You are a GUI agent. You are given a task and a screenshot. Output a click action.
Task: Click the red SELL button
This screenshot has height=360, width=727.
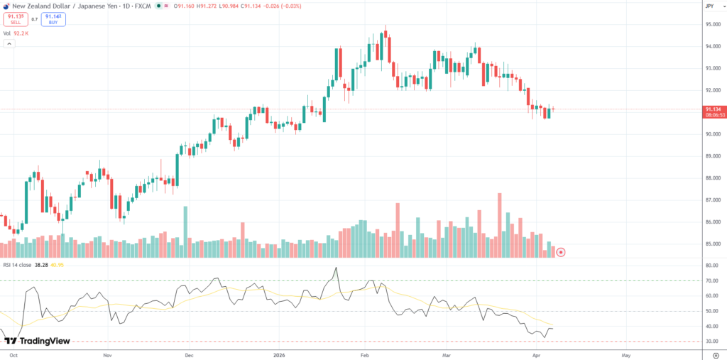[x=15, y=19]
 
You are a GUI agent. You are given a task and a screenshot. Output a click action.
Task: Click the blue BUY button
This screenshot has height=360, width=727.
[x=53, y=19]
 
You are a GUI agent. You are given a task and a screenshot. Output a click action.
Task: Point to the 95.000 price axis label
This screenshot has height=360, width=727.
[x=714, y=25]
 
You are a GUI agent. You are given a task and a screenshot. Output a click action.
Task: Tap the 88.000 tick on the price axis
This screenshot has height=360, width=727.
[x=714, y=178]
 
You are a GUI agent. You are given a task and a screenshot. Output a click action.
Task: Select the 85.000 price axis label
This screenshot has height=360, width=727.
[x=714, y=244]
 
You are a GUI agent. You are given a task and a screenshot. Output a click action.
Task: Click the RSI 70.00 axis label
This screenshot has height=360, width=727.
[x=712, y=280]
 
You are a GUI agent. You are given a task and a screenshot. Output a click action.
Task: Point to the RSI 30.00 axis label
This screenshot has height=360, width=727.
[x=712, y=342]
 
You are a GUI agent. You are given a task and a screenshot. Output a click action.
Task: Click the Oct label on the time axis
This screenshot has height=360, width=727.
[x=12, y=353]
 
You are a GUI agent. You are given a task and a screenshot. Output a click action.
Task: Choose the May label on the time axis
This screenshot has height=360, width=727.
[x=625, y=353]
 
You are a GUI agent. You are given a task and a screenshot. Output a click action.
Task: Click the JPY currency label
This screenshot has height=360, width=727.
[x=709, y=6]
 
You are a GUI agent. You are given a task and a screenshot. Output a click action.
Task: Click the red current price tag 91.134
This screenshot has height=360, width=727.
[x=712, y=109]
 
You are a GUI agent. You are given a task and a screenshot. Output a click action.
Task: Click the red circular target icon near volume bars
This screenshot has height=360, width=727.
[x=561, y=252]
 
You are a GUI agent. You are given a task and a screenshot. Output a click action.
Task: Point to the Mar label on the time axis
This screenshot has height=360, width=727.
[x=445, y=353]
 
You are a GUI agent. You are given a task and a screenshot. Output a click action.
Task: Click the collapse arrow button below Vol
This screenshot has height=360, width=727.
[x=9, y=44]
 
